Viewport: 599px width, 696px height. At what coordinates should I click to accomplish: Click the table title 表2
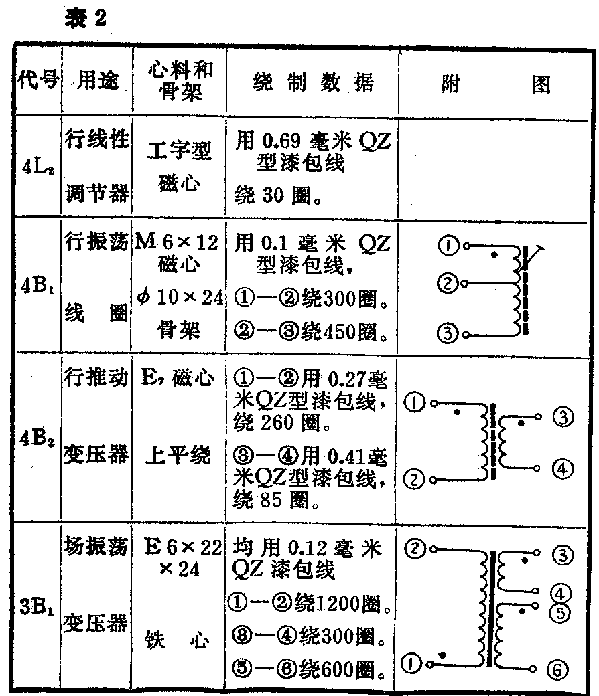86,18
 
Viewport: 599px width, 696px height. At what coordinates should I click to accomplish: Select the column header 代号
38,84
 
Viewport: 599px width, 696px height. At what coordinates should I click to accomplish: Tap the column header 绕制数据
312,83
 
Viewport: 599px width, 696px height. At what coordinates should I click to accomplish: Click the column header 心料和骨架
179,83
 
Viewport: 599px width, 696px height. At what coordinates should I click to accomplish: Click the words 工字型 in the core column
179,153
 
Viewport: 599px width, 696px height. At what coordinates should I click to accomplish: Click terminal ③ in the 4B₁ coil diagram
447,331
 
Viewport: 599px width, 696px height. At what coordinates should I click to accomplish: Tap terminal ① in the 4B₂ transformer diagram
416,403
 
